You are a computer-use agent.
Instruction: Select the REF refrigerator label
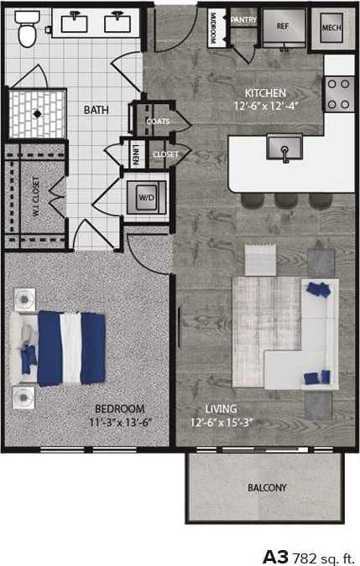(x=282, y=27)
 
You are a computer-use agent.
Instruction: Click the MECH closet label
(x=331, y=27)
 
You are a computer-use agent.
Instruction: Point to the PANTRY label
(x=243, y=18)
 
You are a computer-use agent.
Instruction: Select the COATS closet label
(x=158, y=122)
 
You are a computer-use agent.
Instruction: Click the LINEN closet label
(x=137, y=155)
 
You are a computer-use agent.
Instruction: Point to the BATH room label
(x=95, y=109)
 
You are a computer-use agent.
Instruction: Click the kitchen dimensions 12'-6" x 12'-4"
(x=265, y=106)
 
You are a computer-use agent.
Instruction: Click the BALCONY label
(x=267, y=488)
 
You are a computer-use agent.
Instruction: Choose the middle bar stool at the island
(x=279, y=201)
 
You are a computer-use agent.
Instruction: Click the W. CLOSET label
(x=36, y=196)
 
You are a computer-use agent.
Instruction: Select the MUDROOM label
(x=213, y=28)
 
